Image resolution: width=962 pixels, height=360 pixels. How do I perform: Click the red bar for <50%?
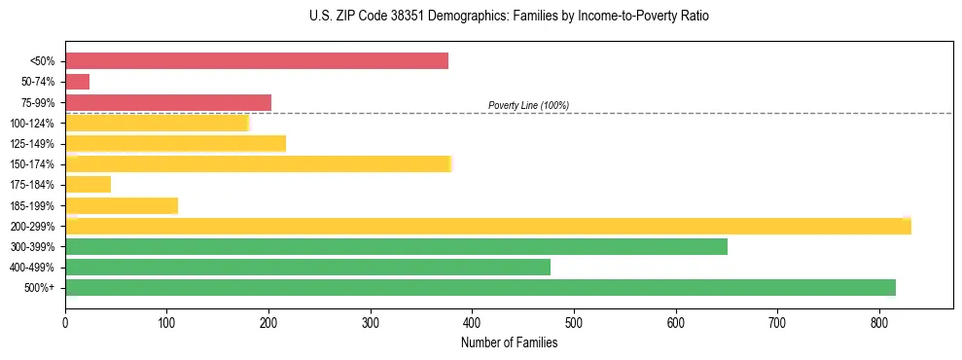click(x=257, y=61)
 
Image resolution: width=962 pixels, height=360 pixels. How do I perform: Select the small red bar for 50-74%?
click(x=78, y=82)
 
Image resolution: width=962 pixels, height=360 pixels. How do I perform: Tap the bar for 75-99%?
click(x=168, y=102)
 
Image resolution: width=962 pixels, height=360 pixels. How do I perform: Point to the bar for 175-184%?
click(x=89, y=184)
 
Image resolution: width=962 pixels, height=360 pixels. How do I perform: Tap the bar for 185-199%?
click(x=122, y=205)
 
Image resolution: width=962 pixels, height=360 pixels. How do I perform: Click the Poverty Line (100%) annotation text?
click(x=528, y=105)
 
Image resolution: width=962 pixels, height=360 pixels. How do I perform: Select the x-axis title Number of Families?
click(x=509, y=342)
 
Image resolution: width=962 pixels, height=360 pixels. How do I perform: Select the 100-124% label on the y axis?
click(x=32, y=124)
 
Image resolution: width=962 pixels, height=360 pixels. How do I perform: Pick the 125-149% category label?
click(x=32, y=144)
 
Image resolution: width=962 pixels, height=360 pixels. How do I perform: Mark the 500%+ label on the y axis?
click(x=39, y=288)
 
